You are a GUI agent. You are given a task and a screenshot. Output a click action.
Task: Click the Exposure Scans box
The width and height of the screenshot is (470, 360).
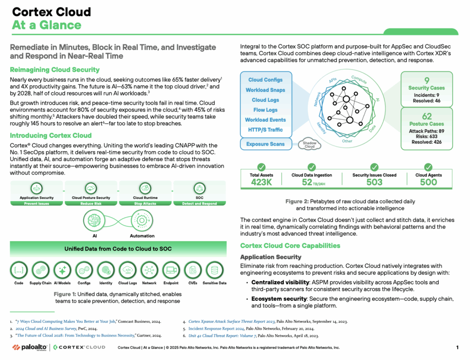(266, 144)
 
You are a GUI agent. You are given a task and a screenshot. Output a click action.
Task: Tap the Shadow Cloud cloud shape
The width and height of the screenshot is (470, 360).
(310, 145)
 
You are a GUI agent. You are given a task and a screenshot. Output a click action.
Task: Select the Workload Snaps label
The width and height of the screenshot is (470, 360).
(265, 90)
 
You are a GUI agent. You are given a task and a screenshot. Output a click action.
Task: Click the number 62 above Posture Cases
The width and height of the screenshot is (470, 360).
(426, 116)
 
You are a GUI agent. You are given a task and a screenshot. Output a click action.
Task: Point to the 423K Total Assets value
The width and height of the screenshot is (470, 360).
(261, 182)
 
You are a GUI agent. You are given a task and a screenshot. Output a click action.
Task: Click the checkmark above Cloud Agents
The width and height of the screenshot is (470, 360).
(428, 167)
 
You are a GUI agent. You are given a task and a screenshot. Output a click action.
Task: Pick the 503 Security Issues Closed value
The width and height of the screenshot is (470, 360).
(375, 182)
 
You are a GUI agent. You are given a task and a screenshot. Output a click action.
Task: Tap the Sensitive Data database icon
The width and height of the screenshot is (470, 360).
(215, 270)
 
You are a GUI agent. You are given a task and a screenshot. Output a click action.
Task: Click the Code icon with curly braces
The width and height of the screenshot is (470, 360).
(19, 270)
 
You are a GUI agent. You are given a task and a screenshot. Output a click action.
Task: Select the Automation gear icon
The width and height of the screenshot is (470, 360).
(142, 220)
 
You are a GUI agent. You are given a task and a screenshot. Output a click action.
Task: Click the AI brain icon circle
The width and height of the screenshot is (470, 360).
(94, 220)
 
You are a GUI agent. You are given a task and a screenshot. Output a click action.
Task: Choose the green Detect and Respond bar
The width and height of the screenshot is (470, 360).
(200, 203)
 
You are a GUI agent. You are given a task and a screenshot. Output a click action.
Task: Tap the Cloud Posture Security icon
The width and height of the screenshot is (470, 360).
(91, 188)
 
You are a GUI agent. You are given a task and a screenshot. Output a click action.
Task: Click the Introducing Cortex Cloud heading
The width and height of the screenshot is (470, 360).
(50, 135)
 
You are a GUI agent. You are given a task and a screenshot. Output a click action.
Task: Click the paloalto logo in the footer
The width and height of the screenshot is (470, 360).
(29, 348)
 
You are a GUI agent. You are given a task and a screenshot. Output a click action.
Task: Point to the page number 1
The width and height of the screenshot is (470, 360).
(457, 348)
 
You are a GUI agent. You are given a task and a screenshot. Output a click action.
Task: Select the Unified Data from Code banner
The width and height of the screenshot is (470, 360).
(118, 249)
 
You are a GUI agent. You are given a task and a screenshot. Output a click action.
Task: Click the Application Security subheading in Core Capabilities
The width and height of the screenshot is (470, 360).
(271, 257)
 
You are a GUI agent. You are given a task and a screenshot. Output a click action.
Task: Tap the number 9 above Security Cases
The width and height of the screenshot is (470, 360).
(427, 80)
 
